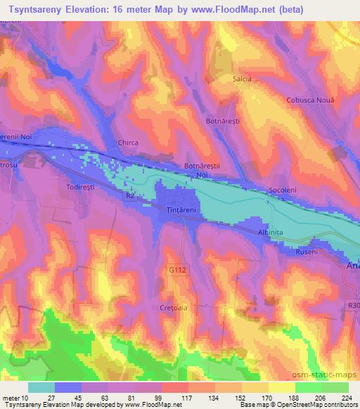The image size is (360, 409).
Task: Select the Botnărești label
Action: [x=223, y=122]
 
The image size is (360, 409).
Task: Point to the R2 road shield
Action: [x=129, y=199]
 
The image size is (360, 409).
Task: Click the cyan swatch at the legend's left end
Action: [x=41, y=387]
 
